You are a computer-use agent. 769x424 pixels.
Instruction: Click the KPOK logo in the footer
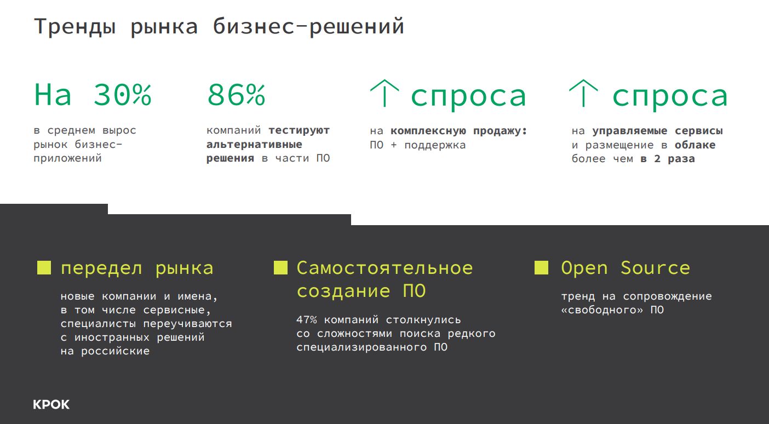(51, 404)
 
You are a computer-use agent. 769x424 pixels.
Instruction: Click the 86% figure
(236, 95)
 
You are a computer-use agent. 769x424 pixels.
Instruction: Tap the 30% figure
(122, 95)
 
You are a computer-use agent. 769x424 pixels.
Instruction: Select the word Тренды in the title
(74, 27)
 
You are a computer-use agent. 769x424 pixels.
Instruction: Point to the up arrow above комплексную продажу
(384, 93)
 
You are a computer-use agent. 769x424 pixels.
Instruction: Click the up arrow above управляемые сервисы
(583, 93)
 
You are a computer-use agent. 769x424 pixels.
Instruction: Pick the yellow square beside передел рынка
(44, 268)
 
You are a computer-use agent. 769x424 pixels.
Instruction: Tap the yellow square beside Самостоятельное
(280, 268)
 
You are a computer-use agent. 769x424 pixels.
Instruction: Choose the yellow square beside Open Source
(541, 268)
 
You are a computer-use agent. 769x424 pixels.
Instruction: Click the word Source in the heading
(655, 268)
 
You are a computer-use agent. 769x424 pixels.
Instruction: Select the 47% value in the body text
(307, 319)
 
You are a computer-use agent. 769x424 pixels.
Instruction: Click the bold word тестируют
(299, 130)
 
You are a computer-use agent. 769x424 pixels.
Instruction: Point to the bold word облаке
(695, 145)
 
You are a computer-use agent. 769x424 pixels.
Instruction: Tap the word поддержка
(435, 145)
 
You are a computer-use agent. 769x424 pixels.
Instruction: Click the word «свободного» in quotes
(602, 310)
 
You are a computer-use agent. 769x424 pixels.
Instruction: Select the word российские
(116, 351)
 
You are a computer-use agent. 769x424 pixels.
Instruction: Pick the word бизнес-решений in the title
(308, 27)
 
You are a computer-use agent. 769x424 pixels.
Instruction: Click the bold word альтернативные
(254, 145)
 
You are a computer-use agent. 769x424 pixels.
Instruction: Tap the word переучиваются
(187, 324)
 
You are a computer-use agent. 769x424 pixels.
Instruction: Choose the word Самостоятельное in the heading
(385, 268)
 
